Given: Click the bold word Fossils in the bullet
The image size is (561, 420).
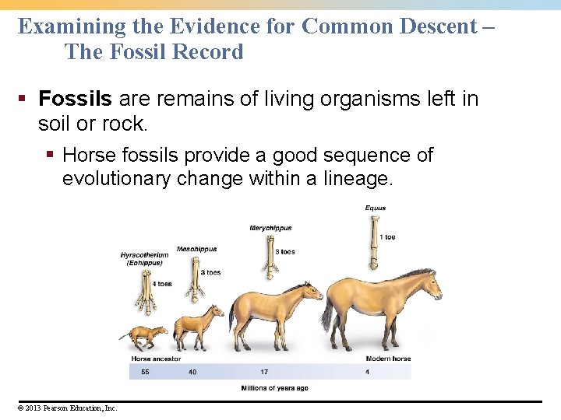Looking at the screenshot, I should tap(76, 99).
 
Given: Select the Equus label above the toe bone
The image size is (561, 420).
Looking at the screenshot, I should tap(376, 208).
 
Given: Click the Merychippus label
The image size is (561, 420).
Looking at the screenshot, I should tap(270, 228).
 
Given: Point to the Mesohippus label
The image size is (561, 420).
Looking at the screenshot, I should tap(196, 249).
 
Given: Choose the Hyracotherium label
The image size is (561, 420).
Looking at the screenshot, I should tap(144, 255).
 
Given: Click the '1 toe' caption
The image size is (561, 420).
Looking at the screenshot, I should tap(388, 236).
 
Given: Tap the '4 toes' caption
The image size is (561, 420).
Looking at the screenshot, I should tap(162, 284).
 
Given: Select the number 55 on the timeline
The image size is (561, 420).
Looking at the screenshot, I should tap(145, 372).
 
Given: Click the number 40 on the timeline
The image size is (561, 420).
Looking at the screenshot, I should tap(192, 372).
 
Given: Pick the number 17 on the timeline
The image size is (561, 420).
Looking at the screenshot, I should tap(264, 372).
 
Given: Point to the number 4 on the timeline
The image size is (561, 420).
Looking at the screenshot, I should tap(368, 372).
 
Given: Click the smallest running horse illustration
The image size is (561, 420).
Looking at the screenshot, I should tap(143, 337).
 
